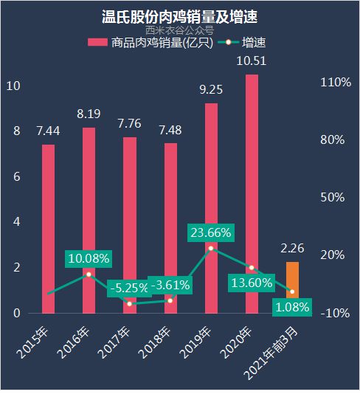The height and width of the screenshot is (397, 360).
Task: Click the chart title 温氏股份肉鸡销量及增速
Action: click(x=179, y=15)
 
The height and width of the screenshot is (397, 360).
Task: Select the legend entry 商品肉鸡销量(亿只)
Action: click(x=151, y=43)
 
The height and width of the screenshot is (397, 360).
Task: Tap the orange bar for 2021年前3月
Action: click(x=292, y=287)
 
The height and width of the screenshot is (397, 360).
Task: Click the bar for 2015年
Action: click(x=48, y=228)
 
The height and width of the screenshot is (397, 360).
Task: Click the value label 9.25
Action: click(x=211, y=89)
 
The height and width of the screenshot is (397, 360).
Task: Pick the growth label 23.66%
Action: click(x=211, y=232)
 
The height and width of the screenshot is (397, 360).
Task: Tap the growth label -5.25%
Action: click(x=130, y=288)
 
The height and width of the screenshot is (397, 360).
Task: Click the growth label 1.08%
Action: click(x=291, y=306)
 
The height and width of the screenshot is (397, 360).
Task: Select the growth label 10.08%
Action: click(x=89, y=258)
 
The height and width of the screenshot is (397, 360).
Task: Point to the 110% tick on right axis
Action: click(x=335, y=83)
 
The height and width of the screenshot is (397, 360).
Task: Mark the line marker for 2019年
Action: click(x=211, y=249)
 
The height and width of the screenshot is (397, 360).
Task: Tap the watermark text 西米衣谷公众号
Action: click(x=179, y=30)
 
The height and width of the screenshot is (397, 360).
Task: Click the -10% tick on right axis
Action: click(x=335, y=313)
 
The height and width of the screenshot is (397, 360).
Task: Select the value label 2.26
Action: click(x=292, y=248)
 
